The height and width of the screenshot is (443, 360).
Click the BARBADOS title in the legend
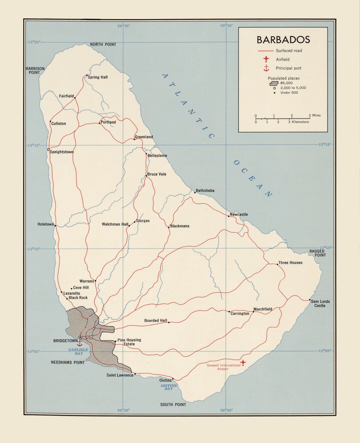point(283,40)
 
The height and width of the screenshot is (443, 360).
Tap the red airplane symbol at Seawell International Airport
point(243,362)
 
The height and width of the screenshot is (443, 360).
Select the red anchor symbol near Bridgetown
point(80,343)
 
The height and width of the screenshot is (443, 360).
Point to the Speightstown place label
point(62,152)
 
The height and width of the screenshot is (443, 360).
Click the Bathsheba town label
point(205,191)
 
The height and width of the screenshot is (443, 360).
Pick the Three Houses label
point(290,263)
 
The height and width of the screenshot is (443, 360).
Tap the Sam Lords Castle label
point(320,303)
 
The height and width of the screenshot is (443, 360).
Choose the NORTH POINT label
point(103,44)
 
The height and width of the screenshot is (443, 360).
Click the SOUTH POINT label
point(173,404)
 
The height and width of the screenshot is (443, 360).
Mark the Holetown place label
point(46,224)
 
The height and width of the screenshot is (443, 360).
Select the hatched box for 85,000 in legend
point(274,83)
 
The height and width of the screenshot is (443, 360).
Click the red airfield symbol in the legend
point(266,59)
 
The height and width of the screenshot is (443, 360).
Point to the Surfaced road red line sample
point(266,51)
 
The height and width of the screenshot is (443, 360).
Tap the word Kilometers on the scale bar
point(300,122)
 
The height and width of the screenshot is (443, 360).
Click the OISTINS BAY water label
point(169,387)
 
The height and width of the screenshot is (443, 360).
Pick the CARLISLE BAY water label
point(78,351)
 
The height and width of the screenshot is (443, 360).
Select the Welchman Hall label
point(115,224)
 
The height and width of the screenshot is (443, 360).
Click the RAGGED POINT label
point(317,253)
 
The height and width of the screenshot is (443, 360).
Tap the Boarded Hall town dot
point(169,322)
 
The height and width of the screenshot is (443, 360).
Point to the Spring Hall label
point(98,77)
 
